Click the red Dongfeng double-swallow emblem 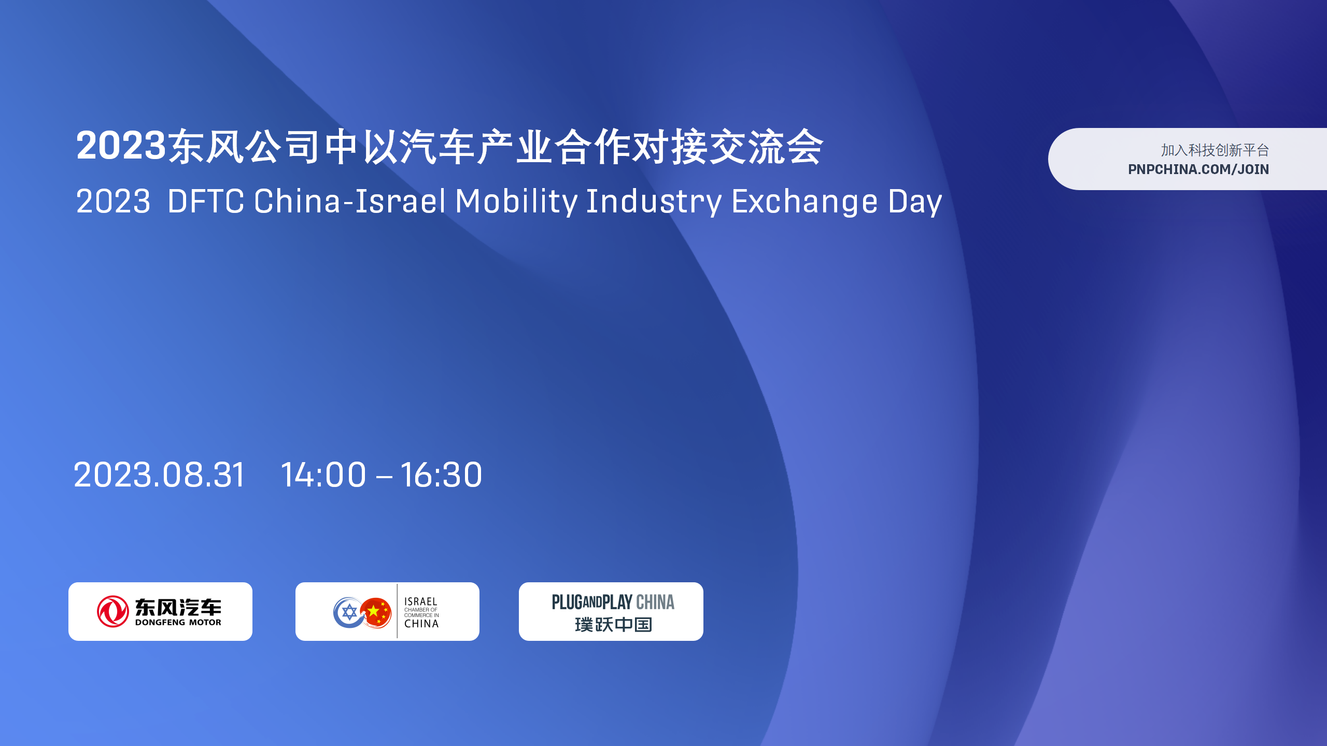113,611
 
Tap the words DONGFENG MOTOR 178,622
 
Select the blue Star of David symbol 350,612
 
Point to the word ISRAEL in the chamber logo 420,601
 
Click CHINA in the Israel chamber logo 421,624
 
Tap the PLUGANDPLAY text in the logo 592,602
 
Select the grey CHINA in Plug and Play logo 655,602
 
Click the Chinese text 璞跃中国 613,625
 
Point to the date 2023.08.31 159,475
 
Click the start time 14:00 323,475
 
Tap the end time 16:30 441,475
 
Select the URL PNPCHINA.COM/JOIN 1198,169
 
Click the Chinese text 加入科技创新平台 1215,150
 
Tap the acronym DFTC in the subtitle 206,201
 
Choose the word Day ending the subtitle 915,202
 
